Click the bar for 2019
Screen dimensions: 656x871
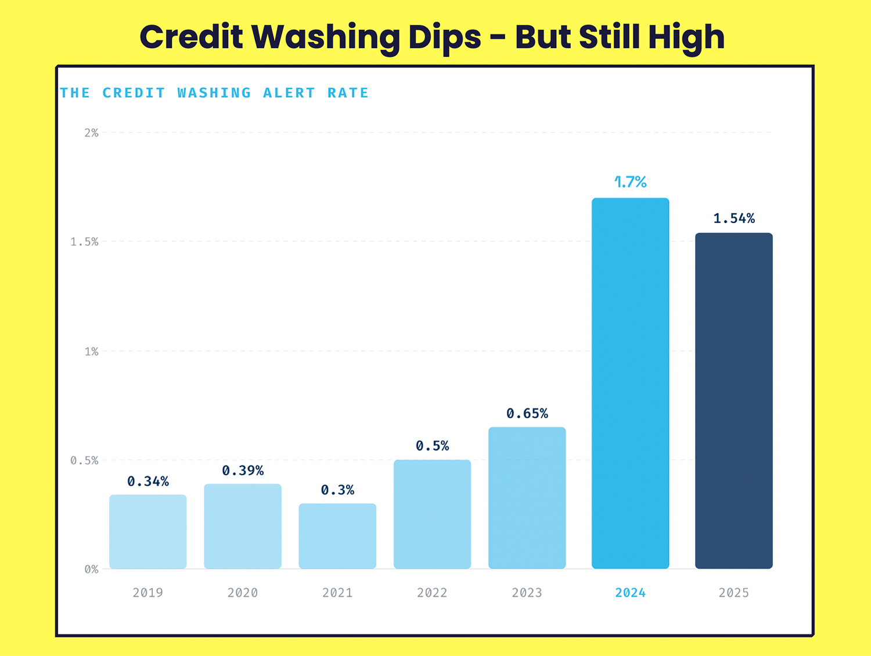pos(147,532)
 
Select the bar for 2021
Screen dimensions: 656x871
pos(337,536)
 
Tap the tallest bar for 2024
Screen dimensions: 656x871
pos(630,383)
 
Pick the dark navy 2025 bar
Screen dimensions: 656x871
pos(733,401)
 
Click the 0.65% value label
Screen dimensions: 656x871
pos(527,414)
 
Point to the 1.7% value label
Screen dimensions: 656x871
pos(631,182)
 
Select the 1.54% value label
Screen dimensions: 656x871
pos(734,218)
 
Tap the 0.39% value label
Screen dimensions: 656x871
pos(243,471)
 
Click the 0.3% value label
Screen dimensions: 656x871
pos(337,490)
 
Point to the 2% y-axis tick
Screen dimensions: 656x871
pos(91,133)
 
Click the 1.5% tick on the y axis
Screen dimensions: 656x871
pos(85,242)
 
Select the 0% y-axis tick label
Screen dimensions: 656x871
pos(91,569)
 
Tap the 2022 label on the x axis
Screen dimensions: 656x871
pos(432,593)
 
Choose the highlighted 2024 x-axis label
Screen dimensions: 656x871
pos(630,593)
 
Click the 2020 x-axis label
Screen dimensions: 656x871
pos(243,593)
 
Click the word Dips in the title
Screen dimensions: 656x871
pos(445,38)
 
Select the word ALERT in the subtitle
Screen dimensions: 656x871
pos(289,93)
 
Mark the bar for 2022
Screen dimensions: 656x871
pos(432,514)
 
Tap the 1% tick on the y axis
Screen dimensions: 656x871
pos(91,352)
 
